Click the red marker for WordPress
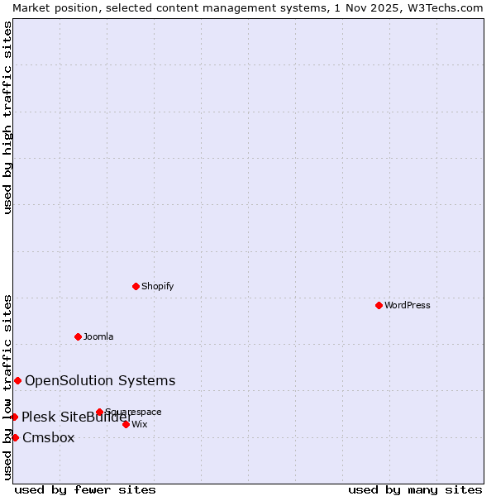coord(379,305)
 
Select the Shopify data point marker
coord(136,286)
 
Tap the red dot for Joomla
coord(78,336)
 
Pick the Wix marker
coord(126,424)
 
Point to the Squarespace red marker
coord(99,412)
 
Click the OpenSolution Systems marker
coord(17,380)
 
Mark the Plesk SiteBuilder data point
coord(14,417)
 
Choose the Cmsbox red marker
coord(15,437)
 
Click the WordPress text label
coord(408,305)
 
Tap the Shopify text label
coord(157,286)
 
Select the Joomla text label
coord(98,336)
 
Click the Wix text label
coord(140,424)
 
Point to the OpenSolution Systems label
coord(100,380)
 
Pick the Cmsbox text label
coord(49,437)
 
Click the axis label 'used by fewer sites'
coord(85,489)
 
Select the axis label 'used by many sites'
coord(415,489)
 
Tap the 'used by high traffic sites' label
coord(7,117)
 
